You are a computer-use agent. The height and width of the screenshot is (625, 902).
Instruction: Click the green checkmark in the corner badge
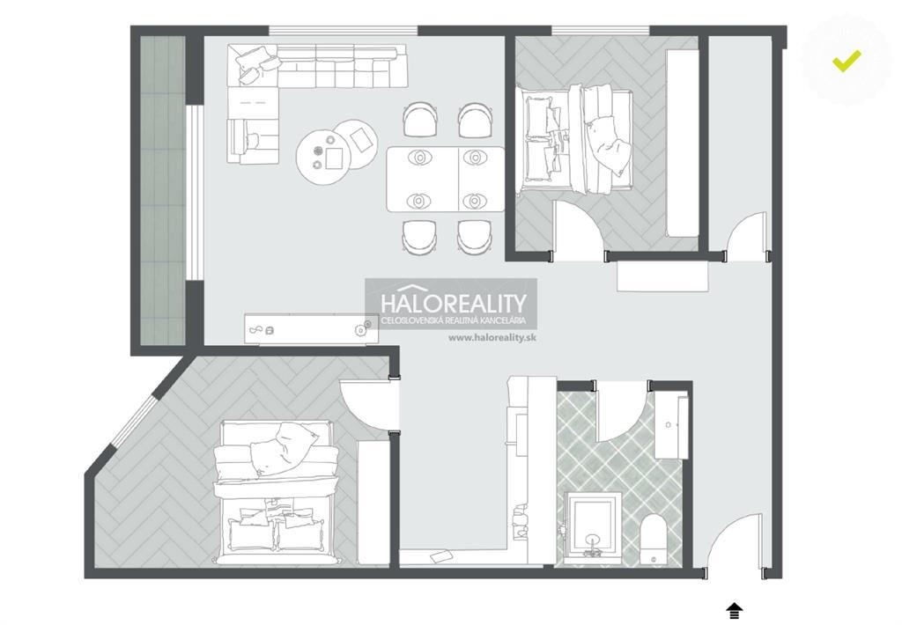pyautogui.click(x=847, y=61)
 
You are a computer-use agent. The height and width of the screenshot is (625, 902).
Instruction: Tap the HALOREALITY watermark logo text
pyautogui.click(x=454, y=303)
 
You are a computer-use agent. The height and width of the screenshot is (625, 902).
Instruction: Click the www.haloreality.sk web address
pyautogui.click(x=492, y=337)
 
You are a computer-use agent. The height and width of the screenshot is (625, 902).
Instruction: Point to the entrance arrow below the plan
pyautogui.click(x=734, y=611)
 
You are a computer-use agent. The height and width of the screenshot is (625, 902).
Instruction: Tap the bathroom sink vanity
pyautogui.click(x=670, y=425)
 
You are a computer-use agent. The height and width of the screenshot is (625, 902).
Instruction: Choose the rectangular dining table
pyautogui.click(x=445, y=179)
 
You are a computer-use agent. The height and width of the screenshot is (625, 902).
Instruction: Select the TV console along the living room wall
pyautogui.click(x=311, y=329)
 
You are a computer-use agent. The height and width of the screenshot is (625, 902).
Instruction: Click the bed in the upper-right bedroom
pyautogui.click(x=574, y=139)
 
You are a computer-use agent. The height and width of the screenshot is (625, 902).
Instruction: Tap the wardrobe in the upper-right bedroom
pyautogui.click(x=683, y=143)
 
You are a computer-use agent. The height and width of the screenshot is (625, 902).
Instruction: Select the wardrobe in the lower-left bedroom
pyautogui.click(x=373, y=502)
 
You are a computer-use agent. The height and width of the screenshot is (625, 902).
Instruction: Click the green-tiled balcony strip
pyautogui.click(x=163, y=190)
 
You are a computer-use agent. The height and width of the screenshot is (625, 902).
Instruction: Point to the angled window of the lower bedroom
pyautogui.click(x=131, y=417)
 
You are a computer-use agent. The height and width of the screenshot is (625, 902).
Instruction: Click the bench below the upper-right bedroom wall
pyautogui.click(x=662, y=277)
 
